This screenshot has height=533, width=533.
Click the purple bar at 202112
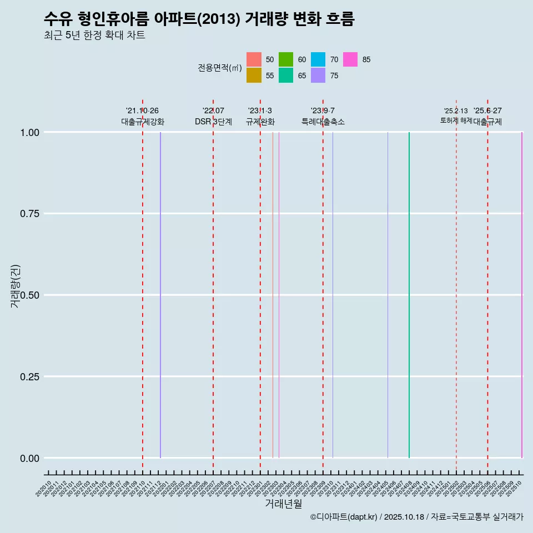coord(160,295)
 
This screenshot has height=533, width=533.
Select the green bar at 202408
coord(409,295)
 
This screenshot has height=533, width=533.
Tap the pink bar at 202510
coord(521,295)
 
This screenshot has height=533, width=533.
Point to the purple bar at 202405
coord(388,295)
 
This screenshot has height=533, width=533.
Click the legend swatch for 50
coord(254,59)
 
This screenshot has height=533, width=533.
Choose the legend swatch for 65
coord(286,76)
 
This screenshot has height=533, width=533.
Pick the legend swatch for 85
coord(350,59)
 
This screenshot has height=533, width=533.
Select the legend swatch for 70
coord(318,59)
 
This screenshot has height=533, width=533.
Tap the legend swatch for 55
coord(254,76)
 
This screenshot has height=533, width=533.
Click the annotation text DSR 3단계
coord(213,122)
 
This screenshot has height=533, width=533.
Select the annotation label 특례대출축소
coord(323,122)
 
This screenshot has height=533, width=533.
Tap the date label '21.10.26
coord(142,111)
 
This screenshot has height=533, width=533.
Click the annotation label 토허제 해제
coord(456,120)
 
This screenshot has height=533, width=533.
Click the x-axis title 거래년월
coord(283,504)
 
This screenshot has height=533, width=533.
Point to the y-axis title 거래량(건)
coord(15,286)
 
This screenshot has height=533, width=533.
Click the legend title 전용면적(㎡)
coord(220,68)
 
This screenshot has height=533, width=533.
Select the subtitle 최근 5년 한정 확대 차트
coord(94,36)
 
